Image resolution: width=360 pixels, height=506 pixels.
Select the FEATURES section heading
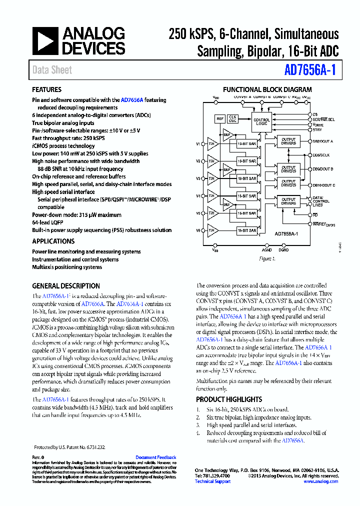click(46, 89)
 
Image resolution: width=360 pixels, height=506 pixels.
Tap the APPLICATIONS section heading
click(53, 241)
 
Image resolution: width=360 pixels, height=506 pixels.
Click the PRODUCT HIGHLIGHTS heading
click(228, 399)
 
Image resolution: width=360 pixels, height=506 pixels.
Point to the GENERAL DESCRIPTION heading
click(65, 286)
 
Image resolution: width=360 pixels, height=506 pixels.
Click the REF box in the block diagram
click(219, 119)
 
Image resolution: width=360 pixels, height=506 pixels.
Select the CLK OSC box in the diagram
click(233, 118)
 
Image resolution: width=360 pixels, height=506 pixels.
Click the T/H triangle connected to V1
click(212, 144)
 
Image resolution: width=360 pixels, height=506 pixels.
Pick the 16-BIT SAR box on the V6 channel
click(247, 230)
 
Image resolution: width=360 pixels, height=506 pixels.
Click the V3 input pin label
click(198, 178)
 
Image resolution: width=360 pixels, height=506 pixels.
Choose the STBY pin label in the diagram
click(317, 129)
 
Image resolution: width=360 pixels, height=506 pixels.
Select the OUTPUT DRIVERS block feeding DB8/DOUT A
click(288, 141)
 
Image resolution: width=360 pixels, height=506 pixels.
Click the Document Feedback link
click(155, 457)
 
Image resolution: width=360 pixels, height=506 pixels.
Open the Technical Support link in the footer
click(212, 481)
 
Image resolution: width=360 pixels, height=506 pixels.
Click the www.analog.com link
click(320, 481)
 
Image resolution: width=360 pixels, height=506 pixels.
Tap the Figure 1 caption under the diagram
click(266, 259)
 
